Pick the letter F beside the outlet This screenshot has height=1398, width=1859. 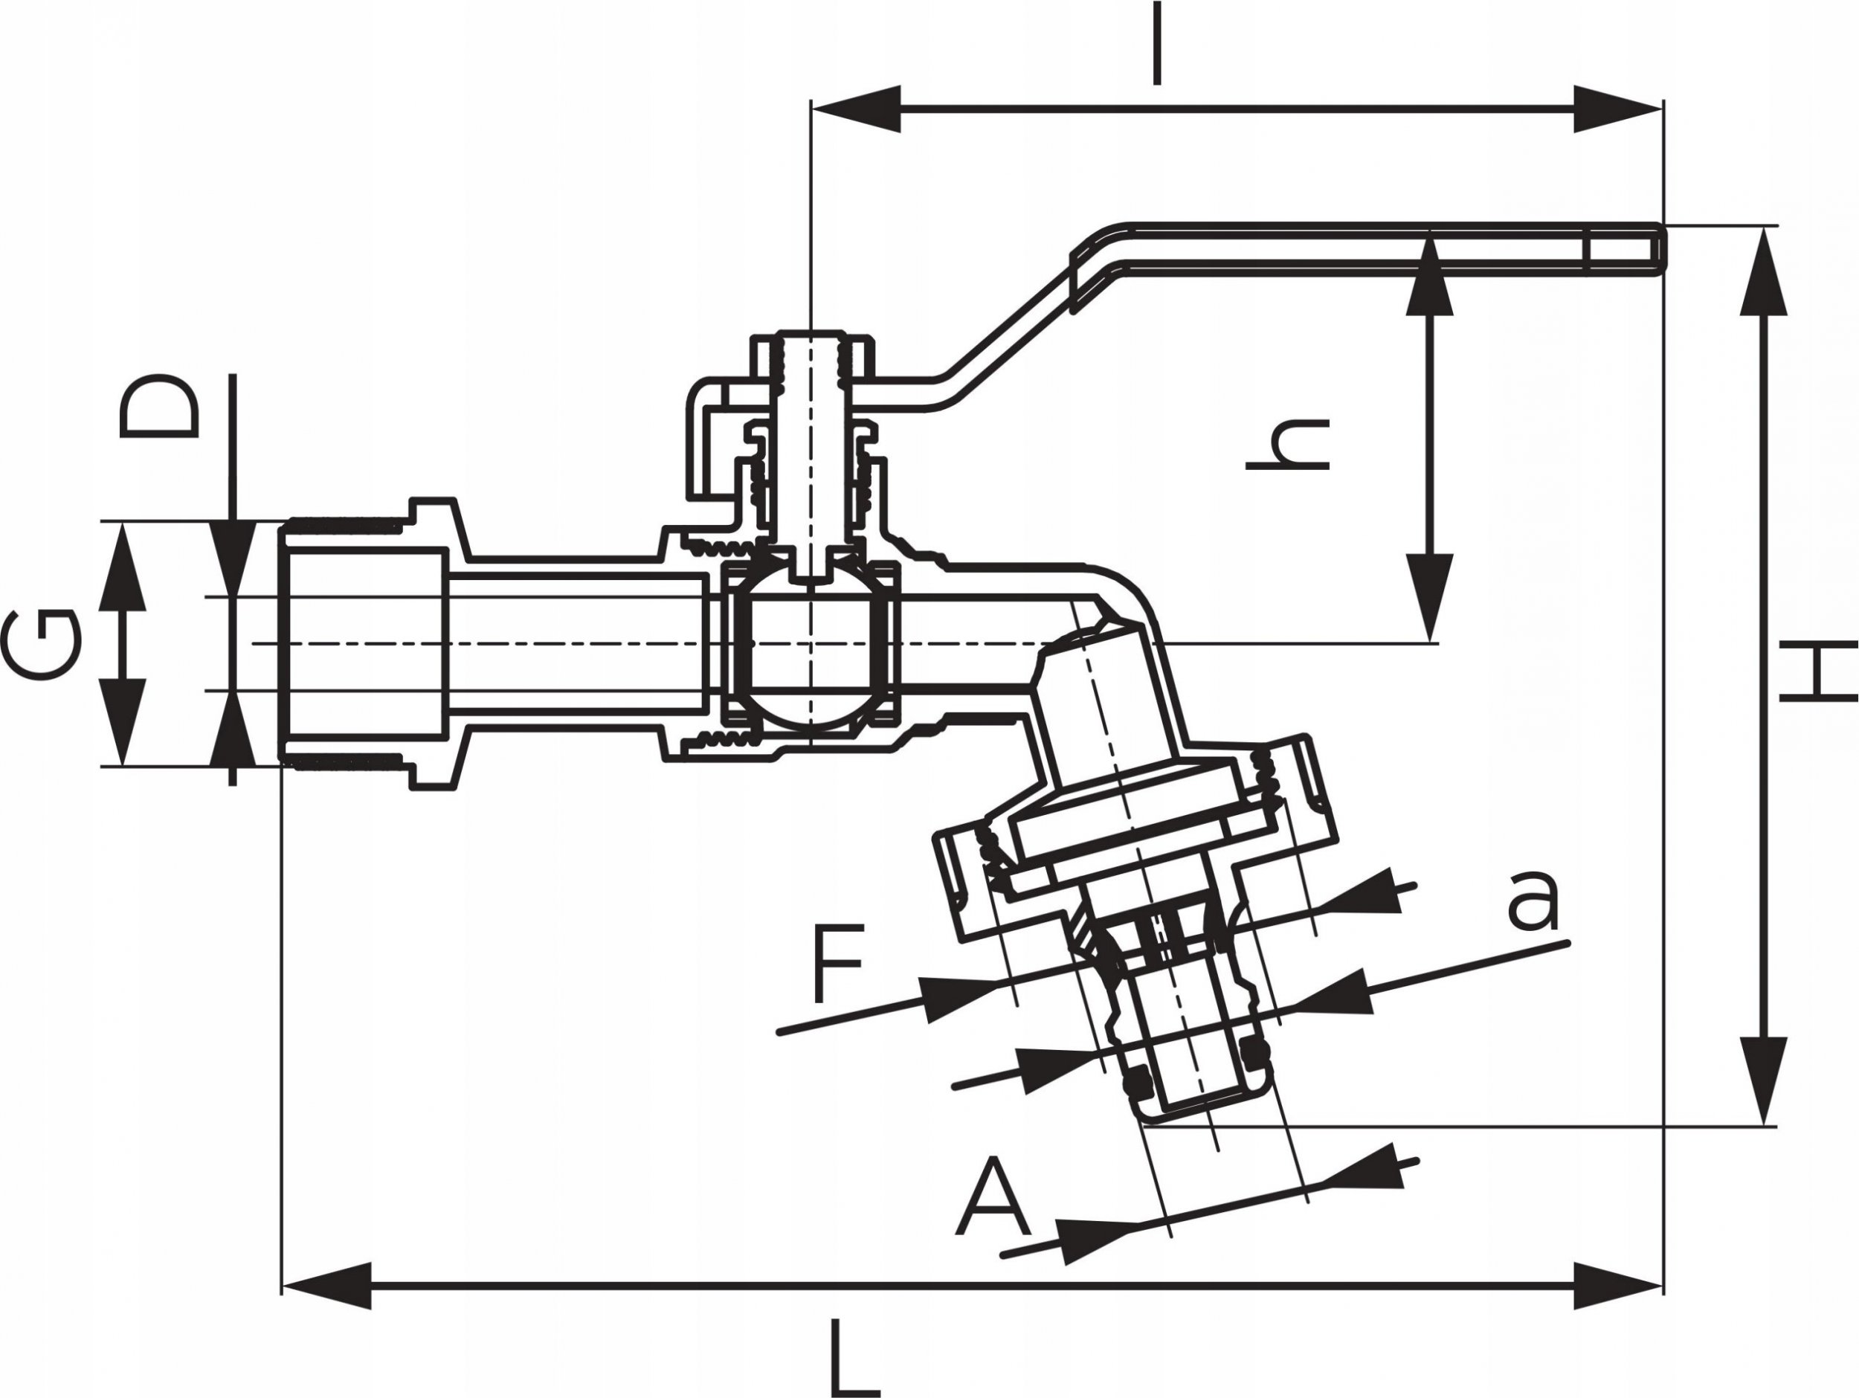(x=838, y=962)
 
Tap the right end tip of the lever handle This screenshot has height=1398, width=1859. (x=1663, y=249)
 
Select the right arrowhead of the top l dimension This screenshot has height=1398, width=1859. (x=1618, y=109)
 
